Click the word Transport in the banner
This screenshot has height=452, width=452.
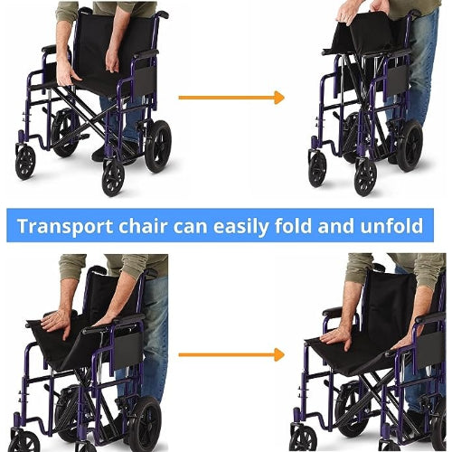pos(65,226)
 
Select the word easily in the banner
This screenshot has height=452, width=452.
pos(240,227)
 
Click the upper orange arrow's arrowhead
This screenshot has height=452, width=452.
pos(279,98)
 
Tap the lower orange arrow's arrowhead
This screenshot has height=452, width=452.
pos(279,354)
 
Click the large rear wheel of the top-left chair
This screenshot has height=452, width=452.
pos(158,146)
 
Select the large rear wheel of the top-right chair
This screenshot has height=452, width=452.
pos(410,146)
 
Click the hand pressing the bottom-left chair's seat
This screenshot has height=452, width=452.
pos(57,323)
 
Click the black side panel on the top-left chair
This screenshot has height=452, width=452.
pos(146,80)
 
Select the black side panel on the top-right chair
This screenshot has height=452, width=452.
pos(397,80)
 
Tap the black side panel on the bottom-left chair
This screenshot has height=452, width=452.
pos(127,350)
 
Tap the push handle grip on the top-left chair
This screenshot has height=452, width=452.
pos(162,14)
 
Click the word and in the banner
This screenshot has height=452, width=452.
pos(336,226)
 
